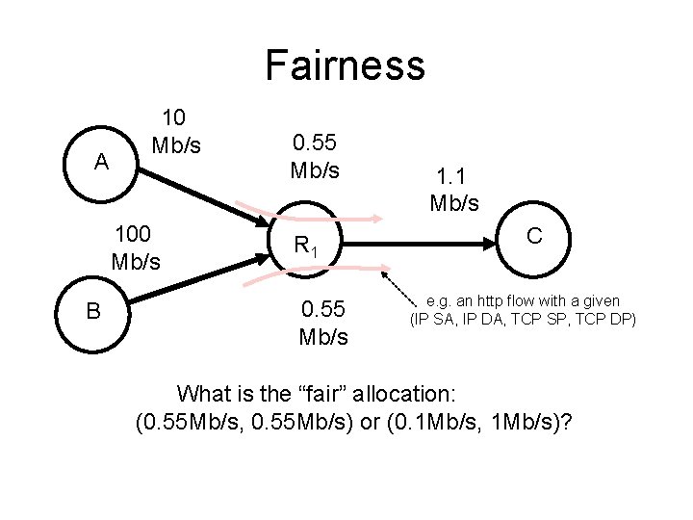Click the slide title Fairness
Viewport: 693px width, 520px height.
[x=345, y=65]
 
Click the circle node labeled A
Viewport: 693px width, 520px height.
[x=101, y=162]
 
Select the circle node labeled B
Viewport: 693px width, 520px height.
[x=93, y=310]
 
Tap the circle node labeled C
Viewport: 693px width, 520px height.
[x=534, y=237]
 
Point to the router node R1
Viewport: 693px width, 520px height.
[x=305, y=247]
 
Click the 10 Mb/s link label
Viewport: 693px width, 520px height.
[x=176, y=132]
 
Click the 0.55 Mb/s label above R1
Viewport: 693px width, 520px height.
[x=315, y=157]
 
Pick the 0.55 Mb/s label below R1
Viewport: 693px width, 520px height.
[x=324, y=323]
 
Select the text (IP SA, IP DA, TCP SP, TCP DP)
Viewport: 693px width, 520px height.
[x=523, y=319]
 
